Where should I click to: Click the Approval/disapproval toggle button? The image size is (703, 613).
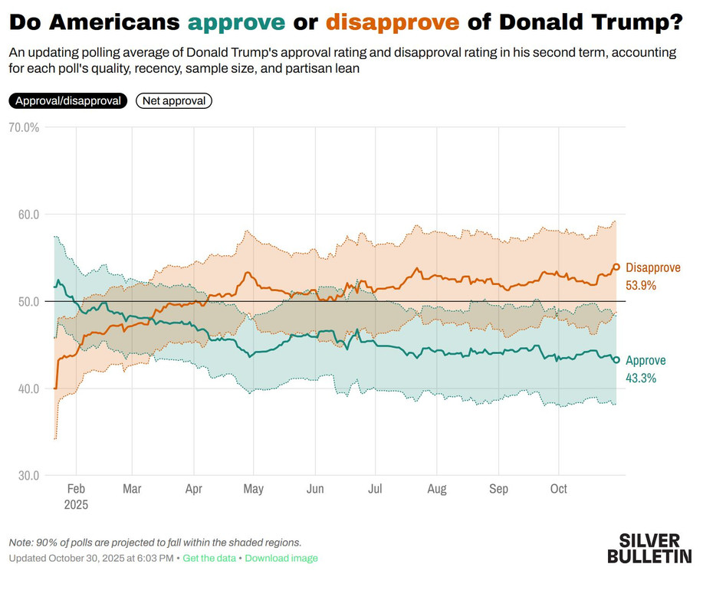point(67,100)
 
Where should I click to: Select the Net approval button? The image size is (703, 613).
point(173,100)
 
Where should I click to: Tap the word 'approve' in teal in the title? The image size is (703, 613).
point(236,23)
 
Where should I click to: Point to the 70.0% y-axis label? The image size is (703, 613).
point(23,127)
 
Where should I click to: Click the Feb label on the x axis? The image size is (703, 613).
point(76,489)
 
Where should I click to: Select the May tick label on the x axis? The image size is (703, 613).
point(253,489)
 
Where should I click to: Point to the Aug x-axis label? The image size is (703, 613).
point(436,489)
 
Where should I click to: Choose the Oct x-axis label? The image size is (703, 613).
point(559,489)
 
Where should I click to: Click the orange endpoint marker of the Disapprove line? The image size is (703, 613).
point(616,267)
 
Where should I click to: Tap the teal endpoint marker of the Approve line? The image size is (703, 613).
point(616,360)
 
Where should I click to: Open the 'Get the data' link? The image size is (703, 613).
point(209,558)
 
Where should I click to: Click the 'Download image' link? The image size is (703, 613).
point(281,558)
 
